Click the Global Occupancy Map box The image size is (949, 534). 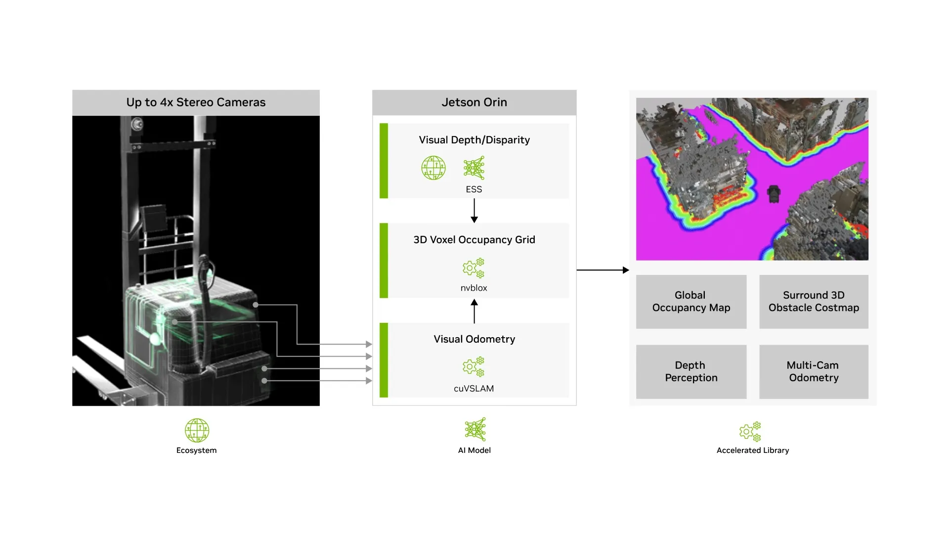pos(691,302)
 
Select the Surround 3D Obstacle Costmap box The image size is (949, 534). pos(814,302)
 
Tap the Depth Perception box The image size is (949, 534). pos(691,372)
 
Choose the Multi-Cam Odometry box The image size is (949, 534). pos(814,372)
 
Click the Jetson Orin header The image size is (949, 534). pos(474,102)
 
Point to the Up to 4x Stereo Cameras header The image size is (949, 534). pos(196,102)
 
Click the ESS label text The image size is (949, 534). pos(474,189)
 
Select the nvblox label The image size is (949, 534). pos(474,288)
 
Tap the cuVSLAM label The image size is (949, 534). pos(474,389)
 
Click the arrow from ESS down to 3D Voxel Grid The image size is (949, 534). pos(474,211)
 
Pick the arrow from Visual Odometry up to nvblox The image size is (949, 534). pos(474,311)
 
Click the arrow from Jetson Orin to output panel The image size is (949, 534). pos(603,270)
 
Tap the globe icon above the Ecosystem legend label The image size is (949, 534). pos(197,430)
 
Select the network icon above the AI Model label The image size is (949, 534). pos(475,429)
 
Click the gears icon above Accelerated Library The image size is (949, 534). pos(750,432)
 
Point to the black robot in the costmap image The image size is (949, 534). pos(774,194)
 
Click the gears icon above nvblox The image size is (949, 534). pos(473,268)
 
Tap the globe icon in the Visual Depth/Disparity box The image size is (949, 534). pos(433,168)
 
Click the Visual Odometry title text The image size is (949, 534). pos(474,339)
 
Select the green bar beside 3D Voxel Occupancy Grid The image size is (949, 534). pos(384,261)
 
